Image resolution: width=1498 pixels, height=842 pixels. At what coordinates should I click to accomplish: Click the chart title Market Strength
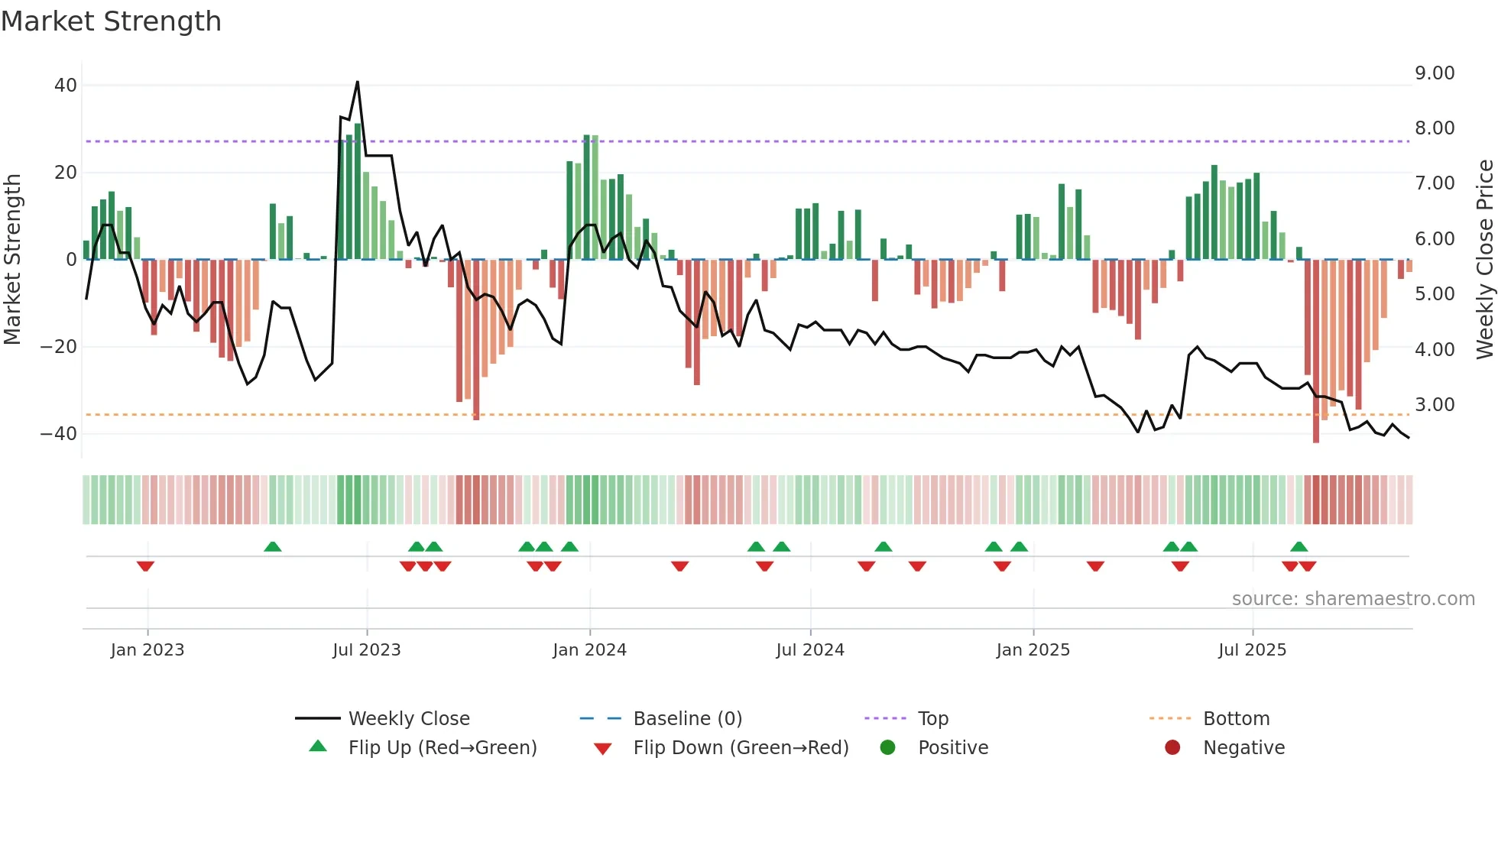[111, 21]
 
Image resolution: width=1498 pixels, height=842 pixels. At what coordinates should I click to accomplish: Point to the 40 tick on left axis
[66, 86]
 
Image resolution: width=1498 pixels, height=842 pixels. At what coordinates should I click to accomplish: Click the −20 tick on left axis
[59, 347]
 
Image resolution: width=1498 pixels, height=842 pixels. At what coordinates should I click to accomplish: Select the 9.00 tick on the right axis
[1435, 73]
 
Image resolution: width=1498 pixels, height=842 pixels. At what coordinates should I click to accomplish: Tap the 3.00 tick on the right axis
[1435, 405]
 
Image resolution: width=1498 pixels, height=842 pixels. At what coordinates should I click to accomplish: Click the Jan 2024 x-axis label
[589, 650]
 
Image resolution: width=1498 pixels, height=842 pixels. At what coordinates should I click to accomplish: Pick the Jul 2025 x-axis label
[1252, 650]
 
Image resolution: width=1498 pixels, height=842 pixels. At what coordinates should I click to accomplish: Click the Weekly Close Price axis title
[1484, 260]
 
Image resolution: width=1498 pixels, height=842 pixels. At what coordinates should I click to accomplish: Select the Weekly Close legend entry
[409, 719]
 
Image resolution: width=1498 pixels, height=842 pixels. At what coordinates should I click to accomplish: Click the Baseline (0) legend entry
[687, 719]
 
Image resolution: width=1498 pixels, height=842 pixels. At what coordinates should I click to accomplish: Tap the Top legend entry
[932, 719]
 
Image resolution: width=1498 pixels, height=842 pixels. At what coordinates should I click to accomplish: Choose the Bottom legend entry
[1236, 719]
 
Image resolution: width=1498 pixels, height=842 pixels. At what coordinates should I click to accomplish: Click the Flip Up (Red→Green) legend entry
[443, 748]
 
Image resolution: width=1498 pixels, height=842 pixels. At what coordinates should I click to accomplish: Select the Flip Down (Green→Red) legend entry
[741, 748]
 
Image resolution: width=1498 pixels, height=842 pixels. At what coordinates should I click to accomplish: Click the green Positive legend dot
[887, 747]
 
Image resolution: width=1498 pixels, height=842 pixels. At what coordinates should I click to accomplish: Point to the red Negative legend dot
[1172, 747]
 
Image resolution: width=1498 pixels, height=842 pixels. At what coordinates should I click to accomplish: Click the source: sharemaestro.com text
[1353, 599]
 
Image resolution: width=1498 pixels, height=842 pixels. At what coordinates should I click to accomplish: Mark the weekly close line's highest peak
[357, 82]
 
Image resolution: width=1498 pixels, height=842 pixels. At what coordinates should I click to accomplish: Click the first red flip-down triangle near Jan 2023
[145, 566]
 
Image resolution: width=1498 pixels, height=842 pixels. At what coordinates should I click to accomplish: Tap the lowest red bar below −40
[1315, 436]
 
